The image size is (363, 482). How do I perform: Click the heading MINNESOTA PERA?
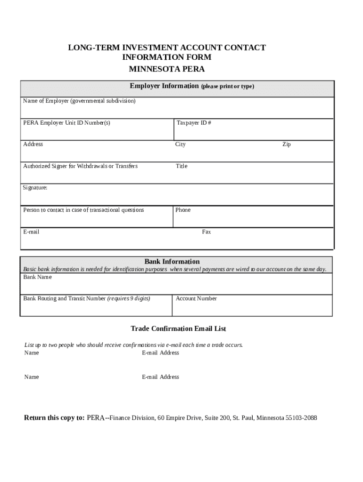(x=167, y=69)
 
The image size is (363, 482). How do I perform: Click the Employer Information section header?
(x=164, y=86)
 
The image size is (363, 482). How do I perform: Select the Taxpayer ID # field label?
(x=194, y=123)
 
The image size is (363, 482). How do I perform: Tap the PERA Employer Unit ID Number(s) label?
(x=66, y=123)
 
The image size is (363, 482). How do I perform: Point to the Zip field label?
(x=287, y=145)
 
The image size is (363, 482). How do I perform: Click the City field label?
(x=181, y=145)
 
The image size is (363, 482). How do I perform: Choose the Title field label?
(x=181, y=166)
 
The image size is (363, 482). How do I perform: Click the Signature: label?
(x=35, y=188)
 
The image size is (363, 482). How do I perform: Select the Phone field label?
(x=183, y=210)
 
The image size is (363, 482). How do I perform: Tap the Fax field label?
(x=206, y=232)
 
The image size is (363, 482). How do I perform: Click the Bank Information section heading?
(x=172, y=262)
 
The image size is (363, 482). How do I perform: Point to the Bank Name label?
(x=38, y=277)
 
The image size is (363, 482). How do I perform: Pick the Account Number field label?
(x=196, y=298)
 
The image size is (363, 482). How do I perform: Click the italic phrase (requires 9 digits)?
(x=129, y=298)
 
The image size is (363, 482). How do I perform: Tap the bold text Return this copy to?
(x=54, y=418)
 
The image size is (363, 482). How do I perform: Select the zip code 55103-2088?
(x=301, y=418)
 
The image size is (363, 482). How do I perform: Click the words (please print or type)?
(x=227, y=87)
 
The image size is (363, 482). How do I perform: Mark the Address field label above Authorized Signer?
(x=33, y=145)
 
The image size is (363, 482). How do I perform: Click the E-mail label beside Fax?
(x=31, y=232)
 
